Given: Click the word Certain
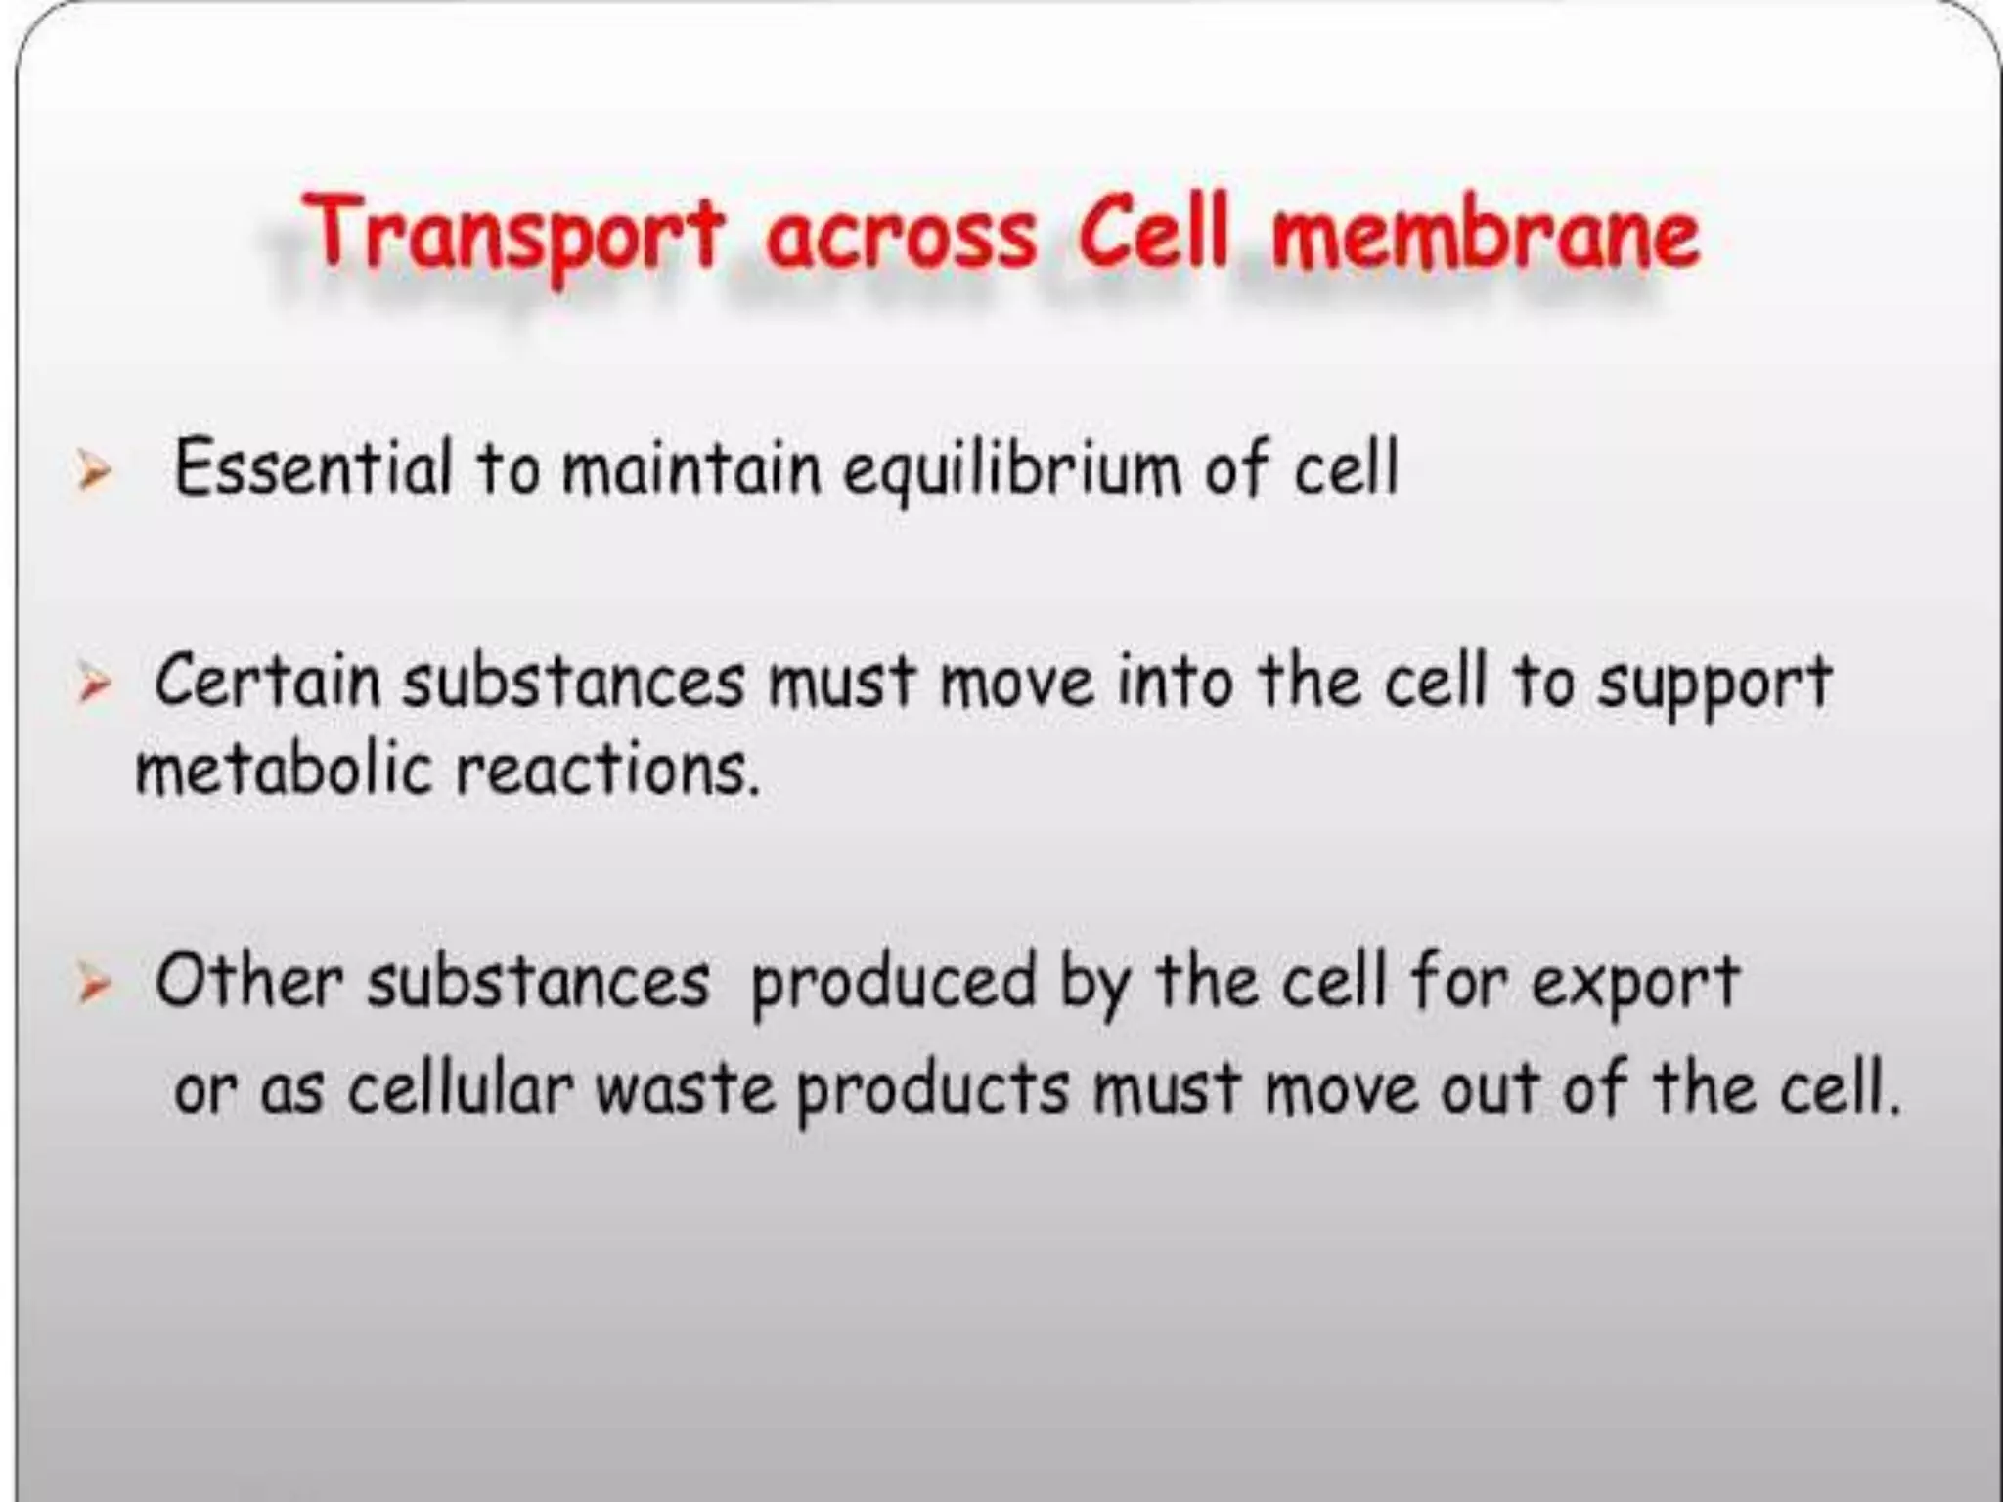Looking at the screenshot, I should tap(267, 681).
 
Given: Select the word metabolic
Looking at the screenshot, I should tap(283, 770).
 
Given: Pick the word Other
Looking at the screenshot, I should tap(248, 981).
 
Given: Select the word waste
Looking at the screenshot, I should tap(686, 1088).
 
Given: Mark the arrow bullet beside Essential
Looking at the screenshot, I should tap(94, 475).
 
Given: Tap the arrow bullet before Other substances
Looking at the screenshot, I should tap(94, 986).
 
